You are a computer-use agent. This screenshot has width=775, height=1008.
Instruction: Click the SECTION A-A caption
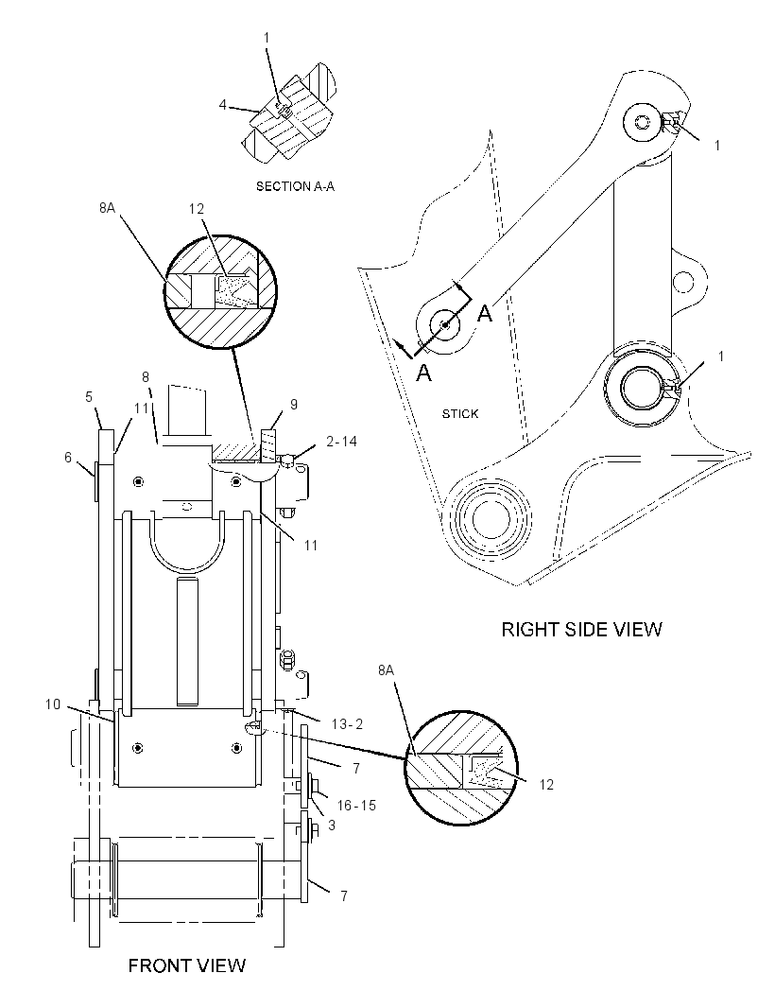click(295, 186)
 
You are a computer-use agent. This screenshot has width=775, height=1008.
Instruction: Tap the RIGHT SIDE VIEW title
click(581, 629)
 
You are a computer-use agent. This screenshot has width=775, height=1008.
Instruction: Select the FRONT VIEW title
click(187, 965)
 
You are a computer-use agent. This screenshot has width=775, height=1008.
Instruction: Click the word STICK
click(460, 414)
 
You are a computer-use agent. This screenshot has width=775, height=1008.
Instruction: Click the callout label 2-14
click(341, 441)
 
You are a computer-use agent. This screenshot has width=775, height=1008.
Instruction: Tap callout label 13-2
click(347, 724)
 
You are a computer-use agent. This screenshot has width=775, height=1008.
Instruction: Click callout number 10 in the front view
click(53, 704)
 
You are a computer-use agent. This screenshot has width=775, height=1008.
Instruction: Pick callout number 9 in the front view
click(294, 405)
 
